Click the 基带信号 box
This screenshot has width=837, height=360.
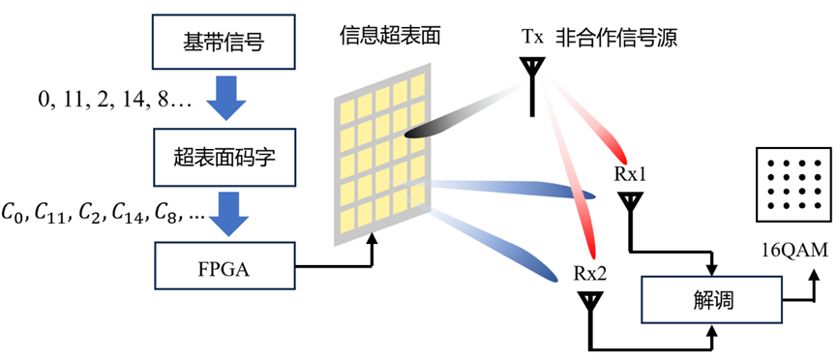[224, 41]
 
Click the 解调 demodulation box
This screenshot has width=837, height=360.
[711, 302]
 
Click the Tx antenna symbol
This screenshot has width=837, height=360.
[532, 85]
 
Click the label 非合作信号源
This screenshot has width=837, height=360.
[616, 38]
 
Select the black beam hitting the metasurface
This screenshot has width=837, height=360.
[463, 113]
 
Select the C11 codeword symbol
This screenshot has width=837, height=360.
[51, 213]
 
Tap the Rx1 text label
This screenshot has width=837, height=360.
[631, 174]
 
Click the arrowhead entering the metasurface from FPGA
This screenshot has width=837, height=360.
[372, 240]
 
